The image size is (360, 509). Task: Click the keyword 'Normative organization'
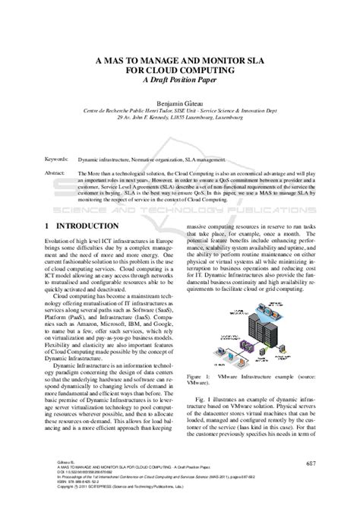click(x=154, y=160)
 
